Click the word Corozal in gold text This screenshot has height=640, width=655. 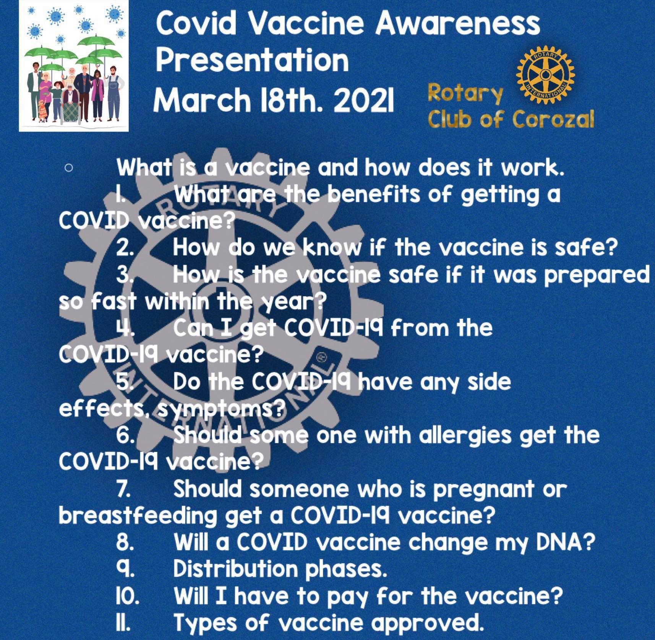tap(553, 119)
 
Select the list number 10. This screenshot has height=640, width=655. tap(127, 595)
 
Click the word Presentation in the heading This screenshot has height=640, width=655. tap(252, 60)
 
